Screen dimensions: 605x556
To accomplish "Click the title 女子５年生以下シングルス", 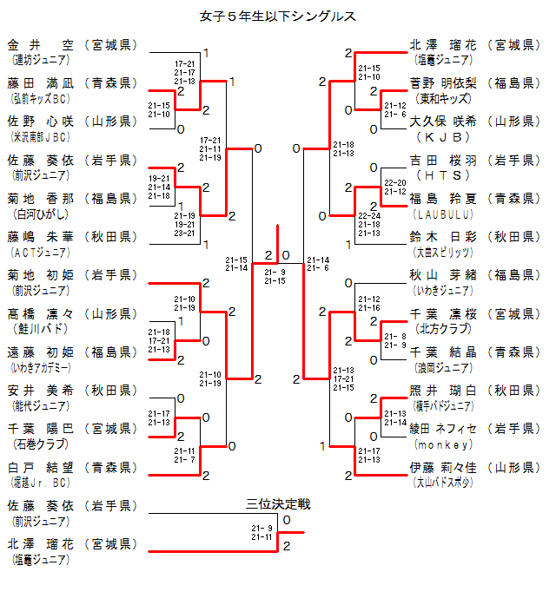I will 278,16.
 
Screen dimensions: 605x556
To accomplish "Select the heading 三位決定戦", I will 278,503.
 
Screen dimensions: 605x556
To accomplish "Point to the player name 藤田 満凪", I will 42,83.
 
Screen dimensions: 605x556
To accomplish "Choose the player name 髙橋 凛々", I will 42,313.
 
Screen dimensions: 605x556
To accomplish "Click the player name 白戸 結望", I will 42,466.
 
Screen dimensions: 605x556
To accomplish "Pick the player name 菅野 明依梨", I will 443,83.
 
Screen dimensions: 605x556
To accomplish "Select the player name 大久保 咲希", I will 443,122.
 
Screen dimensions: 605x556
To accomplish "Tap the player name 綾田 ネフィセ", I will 443,428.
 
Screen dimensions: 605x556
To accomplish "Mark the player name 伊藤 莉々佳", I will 443,466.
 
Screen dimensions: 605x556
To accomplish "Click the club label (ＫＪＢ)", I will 443,136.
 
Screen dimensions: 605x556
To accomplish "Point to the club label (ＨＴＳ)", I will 443,174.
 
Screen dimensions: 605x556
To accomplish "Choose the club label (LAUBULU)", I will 443,213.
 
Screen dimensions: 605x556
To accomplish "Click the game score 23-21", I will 184,232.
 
